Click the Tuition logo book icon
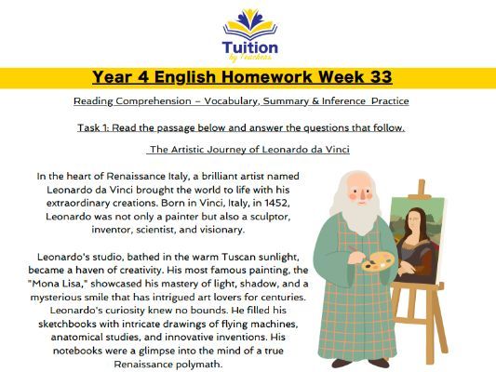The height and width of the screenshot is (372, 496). pos(248,20)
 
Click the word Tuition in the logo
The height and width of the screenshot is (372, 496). pos(248,46)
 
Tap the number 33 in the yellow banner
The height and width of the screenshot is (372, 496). pos(377,76)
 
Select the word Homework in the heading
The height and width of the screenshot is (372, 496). pos(262,76)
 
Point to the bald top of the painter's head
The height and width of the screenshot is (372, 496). pos(350,177)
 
